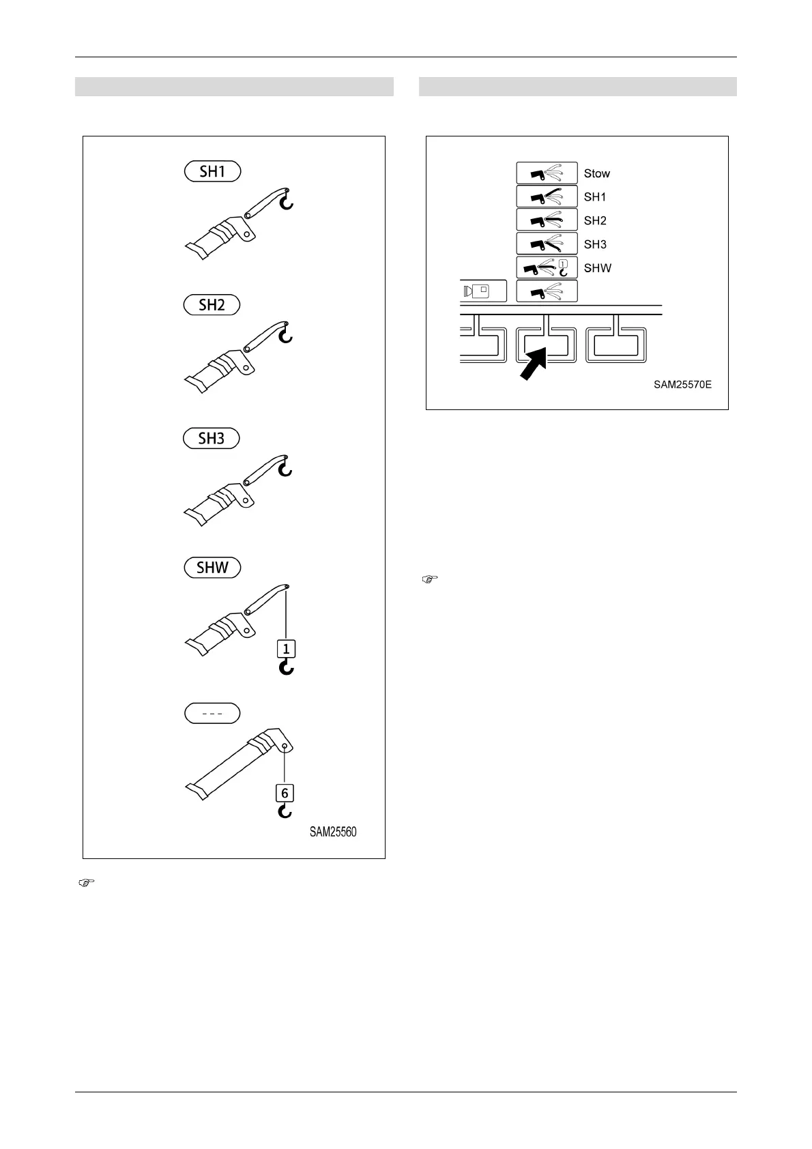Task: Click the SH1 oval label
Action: pos(212,171)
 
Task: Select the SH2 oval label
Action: pos(212,304)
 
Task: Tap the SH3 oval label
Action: pos(212,438)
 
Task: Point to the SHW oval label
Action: pos(212,568)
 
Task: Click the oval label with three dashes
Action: pos(212,713)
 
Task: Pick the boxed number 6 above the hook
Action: pos(285,793)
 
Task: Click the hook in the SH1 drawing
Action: pos(287,201)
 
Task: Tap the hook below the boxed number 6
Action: pos(285,811)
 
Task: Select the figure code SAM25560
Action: pos(333,832)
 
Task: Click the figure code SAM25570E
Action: pos(682,385)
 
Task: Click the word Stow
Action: pos(597,173)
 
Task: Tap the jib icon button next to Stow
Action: pos(547,173)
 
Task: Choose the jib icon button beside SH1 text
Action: pos(547,197)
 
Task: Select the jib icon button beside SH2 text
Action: pos(547,220)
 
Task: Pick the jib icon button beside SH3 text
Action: pos(547,244)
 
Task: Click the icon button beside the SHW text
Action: pos(547,267)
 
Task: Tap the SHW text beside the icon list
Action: pos(598,268)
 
